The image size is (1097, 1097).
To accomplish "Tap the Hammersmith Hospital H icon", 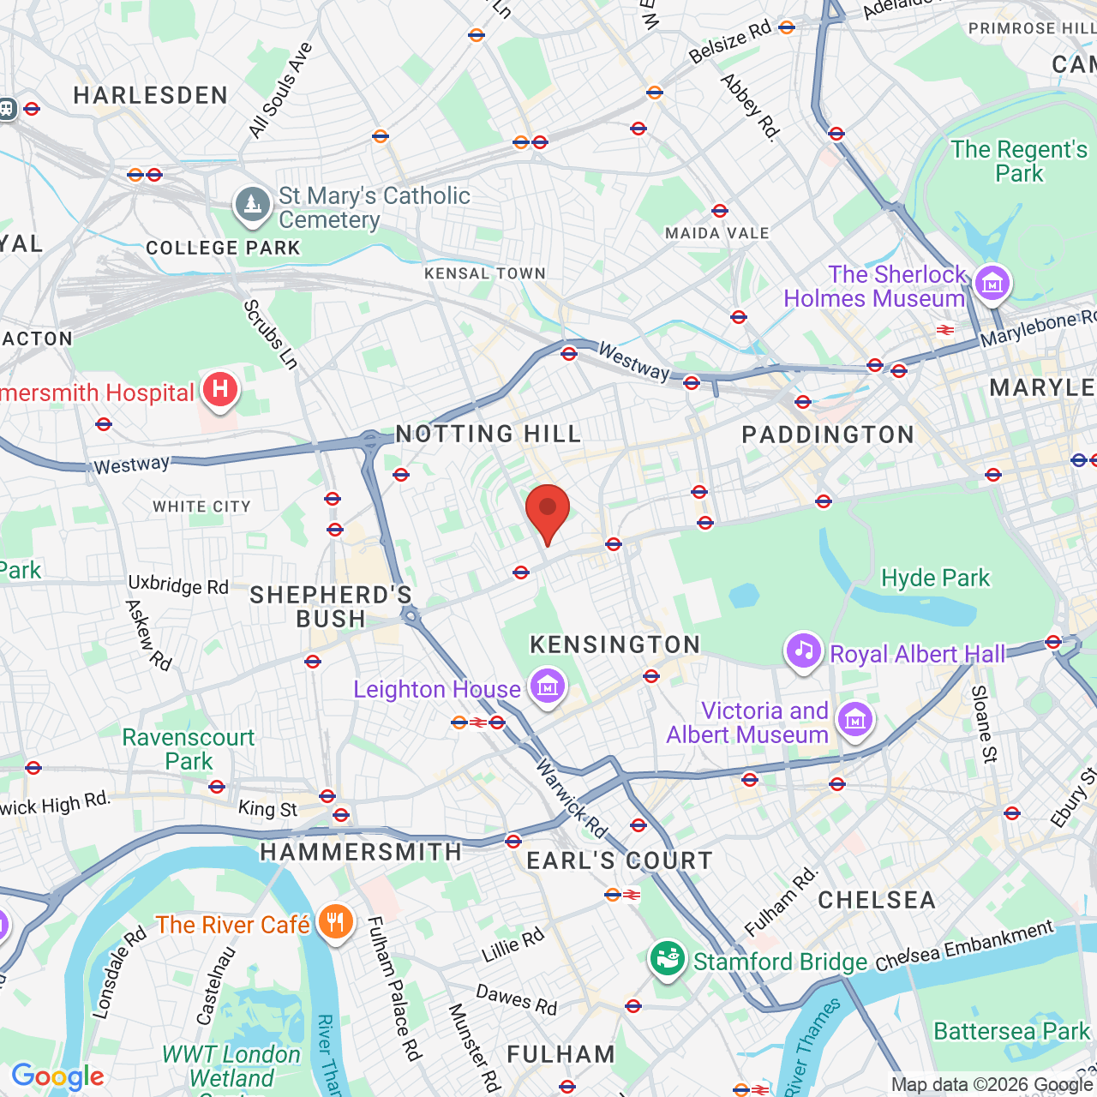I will (220, 390).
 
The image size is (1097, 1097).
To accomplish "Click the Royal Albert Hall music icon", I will (803, 651).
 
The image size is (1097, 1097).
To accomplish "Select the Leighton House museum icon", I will (548, 686).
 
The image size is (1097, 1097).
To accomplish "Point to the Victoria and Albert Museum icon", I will (855, 720).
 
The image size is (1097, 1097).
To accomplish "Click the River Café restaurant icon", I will (335, 922).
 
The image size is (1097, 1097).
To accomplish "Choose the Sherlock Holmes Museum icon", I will (992, 284).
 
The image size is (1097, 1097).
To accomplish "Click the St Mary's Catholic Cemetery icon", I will (252, 206).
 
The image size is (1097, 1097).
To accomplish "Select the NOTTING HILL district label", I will (489, 434).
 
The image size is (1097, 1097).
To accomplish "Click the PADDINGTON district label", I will (828, 435).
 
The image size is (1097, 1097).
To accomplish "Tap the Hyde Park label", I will (935, 578).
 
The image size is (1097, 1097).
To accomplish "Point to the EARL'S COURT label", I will (619, 860).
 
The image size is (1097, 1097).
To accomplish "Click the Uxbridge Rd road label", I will (178, 585).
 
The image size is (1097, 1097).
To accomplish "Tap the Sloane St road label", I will (985, 724).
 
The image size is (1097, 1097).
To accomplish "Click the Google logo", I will (57, 1076).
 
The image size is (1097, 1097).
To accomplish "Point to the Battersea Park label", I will (1011, 1031).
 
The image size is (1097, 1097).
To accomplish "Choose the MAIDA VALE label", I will (716, 233).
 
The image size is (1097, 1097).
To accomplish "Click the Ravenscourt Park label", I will (189, 749).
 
